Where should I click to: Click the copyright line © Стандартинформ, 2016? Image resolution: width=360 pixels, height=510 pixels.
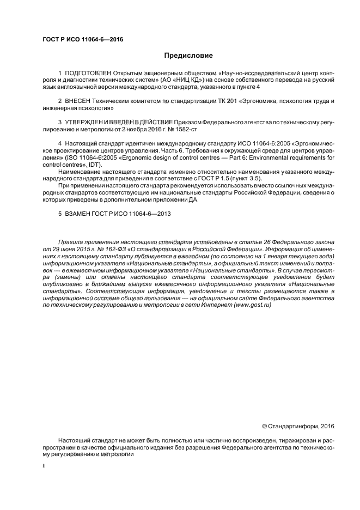click(298, 426)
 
